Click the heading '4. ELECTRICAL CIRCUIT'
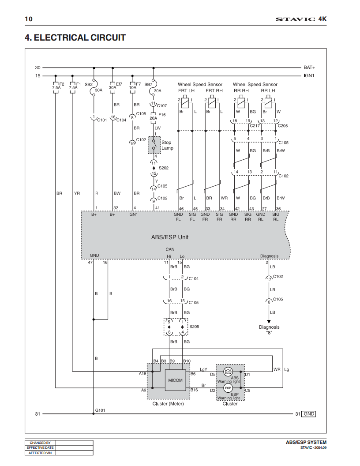pos(75,38)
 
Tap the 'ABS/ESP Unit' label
pos(170,237)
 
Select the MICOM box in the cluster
pos(175,380)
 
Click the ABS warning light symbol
pos(228,371)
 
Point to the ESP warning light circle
pos(228,388)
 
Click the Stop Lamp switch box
pos(154,145)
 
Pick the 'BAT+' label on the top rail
pos(309,68)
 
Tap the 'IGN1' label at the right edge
pos(309,76)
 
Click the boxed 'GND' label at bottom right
pos(309,414)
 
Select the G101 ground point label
pos(100,410)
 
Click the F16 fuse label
pos(162,114)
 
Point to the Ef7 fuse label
pos(119,84)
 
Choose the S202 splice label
pos(164,168)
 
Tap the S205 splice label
pos(194,327)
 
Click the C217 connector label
pos(255,126)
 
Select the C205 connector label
pos(282,126)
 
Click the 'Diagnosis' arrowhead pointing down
pos(269,322)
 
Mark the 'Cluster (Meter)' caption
pos(168,404)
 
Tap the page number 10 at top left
pos(29,19)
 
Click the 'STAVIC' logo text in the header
pos(295,19)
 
